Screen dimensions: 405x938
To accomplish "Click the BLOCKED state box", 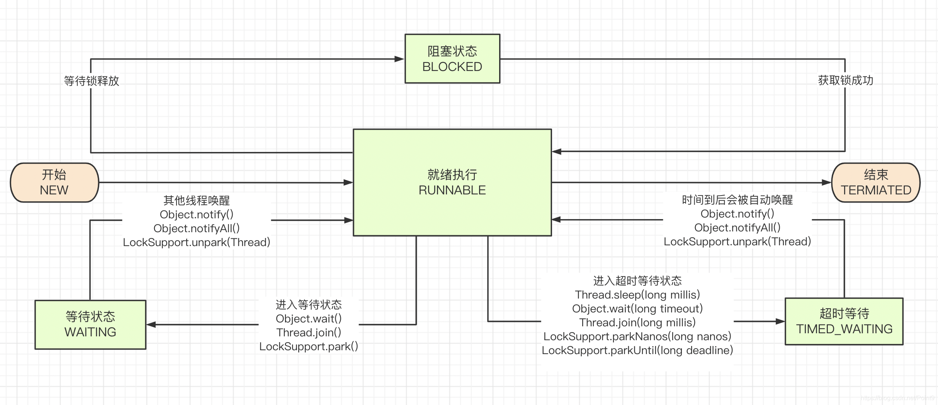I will point(452,59).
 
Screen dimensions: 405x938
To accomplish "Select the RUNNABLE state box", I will point(452,182).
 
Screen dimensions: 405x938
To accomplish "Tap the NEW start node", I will point(54,182).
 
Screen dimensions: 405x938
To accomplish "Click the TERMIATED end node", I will point(875,182).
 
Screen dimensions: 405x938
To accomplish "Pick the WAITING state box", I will point(90,324).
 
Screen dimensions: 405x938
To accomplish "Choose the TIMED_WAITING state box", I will point(844,321).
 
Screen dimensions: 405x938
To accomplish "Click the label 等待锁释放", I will point(92,81).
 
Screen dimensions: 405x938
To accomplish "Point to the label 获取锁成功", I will point(845,80).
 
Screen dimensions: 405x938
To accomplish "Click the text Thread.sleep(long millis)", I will point(637,295).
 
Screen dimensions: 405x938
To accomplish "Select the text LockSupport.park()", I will point(309,346).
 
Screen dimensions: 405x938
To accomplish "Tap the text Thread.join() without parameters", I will point(309,332).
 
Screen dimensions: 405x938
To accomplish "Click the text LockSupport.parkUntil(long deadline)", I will point(637,350).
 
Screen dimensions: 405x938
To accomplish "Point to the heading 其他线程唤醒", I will point(196,201).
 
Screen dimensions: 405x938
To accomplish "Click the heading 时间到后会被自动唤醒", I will point(737,200).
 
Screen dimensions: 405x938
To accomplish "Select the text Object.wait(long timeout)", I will point(637,309).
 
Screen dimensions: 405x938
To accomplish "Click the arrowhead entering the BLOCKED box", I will point(399,59).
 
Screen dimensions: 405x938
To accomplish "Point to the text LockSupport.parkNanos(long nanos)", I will point(637,336).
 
